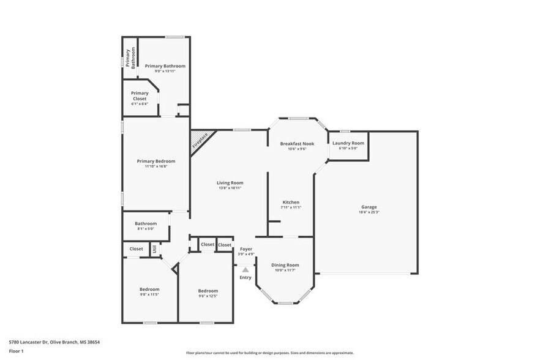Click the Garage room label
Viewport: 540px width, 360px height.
click(369, 207)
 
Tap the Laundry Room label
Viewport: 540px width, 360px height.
click(348, 143)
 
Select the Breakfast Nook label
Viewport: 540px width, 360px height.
click(297, 143)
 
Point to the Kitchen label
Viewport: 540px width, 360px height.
click(290, 202)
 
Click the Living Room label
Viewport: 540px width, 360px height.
click(230, 182)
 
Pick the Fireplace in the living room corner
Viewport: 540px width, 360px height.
click(200, 141)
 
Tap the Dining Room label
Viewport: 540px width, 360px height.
click(285, 264)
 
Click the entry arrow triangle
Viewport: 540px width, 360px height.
click(246, 269)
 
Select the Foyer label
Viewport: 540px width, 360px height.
click(246, 249)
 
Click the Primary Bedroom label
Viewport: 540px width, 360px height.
click(156, 161)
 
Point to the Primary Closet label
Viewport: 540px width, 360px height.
click(140, 96)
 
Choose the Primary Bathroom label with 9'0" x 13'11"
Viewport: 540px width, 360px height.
click(165, 66)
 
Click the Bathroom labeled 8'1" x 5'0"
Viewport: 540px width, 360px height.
click(146, 223)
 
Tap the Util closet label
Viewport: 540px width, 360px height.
click(155, 249)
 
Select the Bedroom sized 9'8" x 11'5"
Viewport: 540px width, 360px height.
click(149, 290)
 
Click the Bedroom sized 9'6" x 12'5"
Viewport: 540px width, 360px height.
click(208, 291)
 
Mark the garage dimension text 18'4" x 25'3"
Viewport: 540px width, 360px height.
click(369, 212)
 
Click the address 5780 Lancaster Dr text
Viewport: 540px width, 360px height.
click(54, 342)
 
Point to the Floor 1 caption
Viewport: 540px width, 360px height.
click(17, 351)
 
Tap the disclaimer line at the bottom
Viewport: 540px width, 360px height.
click(269, 353)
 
